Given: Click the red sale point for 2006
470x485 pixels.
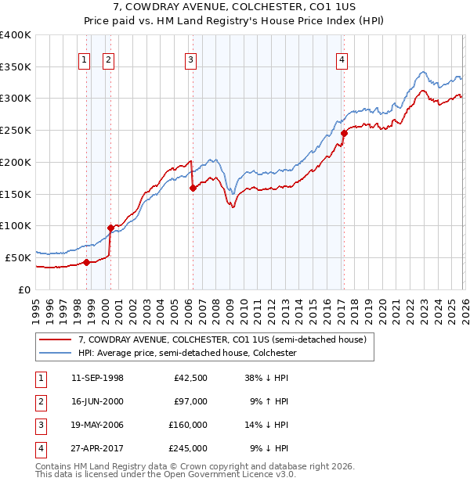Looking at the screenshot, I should click(193, 188).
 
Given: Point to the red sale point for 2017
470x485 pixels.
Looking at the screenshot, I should click(344, 134).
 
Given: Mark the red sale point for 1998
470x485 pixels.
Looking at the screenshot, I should click(86, 262).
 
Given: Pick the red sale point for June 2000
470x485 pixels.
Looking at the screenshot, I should click(110, 228).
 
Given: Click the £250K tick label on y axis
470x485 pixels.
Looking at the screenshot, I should click(16, 130).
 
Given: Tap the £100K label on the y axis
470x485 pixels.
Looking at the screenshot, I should click(16, 225).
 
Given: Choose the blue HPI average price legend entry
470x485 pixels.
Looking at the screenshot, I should click(186, 353).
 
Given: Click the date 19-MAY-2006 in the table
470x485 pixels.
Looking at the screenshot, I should click(97, 425).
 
